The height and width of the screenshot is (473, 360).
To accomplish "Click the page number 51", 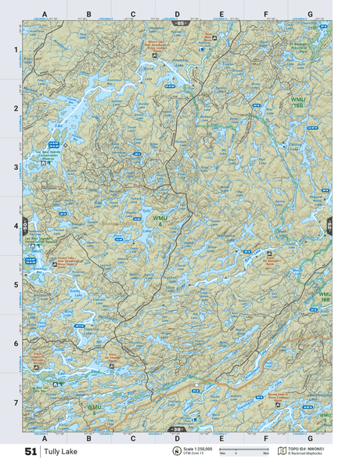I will point(31,452).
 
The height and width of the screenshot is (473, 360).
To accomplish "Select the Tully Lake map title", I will point(60,452).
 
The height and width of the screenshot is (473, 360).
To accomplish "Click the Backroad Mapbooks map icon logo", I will point(283,451).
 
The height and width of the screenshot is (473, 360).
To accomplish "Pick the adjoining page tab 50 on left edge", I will point(25,226).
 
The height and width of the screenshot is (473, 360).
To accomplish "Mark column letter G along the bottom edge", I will point(310,439).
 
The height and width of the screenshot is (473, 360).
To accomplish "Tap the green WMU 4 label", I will point(160,222).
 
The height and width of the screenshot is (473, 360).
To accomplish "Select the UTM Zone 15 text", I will point(197,454).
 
